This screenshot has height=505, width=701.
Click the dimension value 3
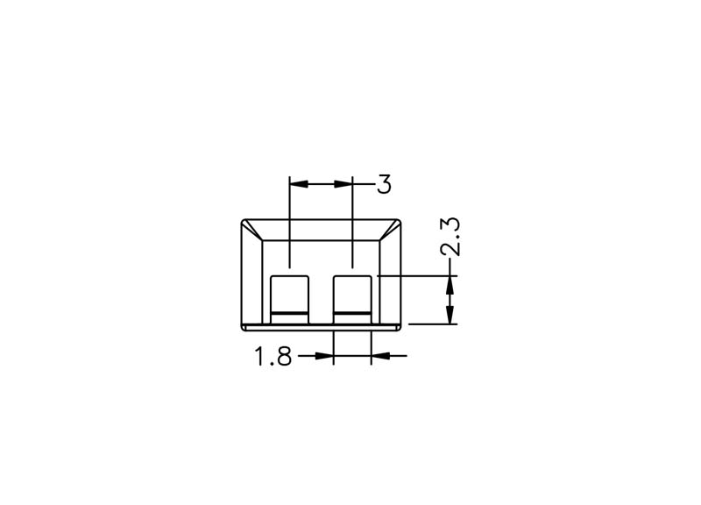coord(384,184)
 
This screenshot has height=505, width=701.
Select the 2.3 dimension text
coord(450,236)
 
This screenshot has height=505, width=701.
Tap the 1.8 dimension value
coord(273,356)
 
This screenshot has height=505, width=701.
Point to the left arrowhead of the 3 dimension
coord(299,184)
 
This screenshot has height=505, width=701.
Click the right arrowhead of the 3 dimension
coord(343,184)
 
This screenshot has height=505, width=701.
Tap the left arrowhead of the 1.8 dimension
coord(324,356)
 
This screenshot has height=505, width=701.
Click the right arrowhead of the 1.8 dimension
coord(380,356)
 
